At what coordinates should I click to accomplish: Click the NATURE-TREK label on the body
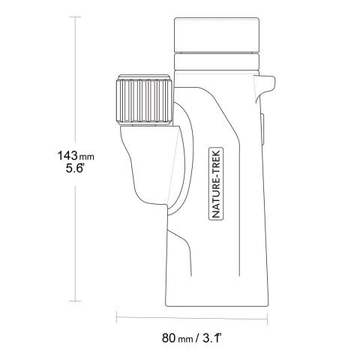[x=216, y=184]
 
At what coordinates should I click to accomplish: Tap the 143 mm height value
[x=76, y=156]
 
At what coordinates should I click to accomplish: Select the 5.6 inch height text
[x=74, y=168]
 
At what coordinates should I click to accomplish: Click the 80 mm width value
[x=178, y=338]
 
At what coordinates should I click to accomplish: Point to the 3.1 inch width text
[x=212, y=338]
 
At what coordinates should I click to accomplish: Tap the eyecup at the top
[x=217, y=34]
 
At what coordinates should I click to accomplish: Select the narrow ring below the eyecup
[x=217, y=61]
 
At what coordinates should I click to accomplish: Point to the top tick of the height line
[x=75, y=17]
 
